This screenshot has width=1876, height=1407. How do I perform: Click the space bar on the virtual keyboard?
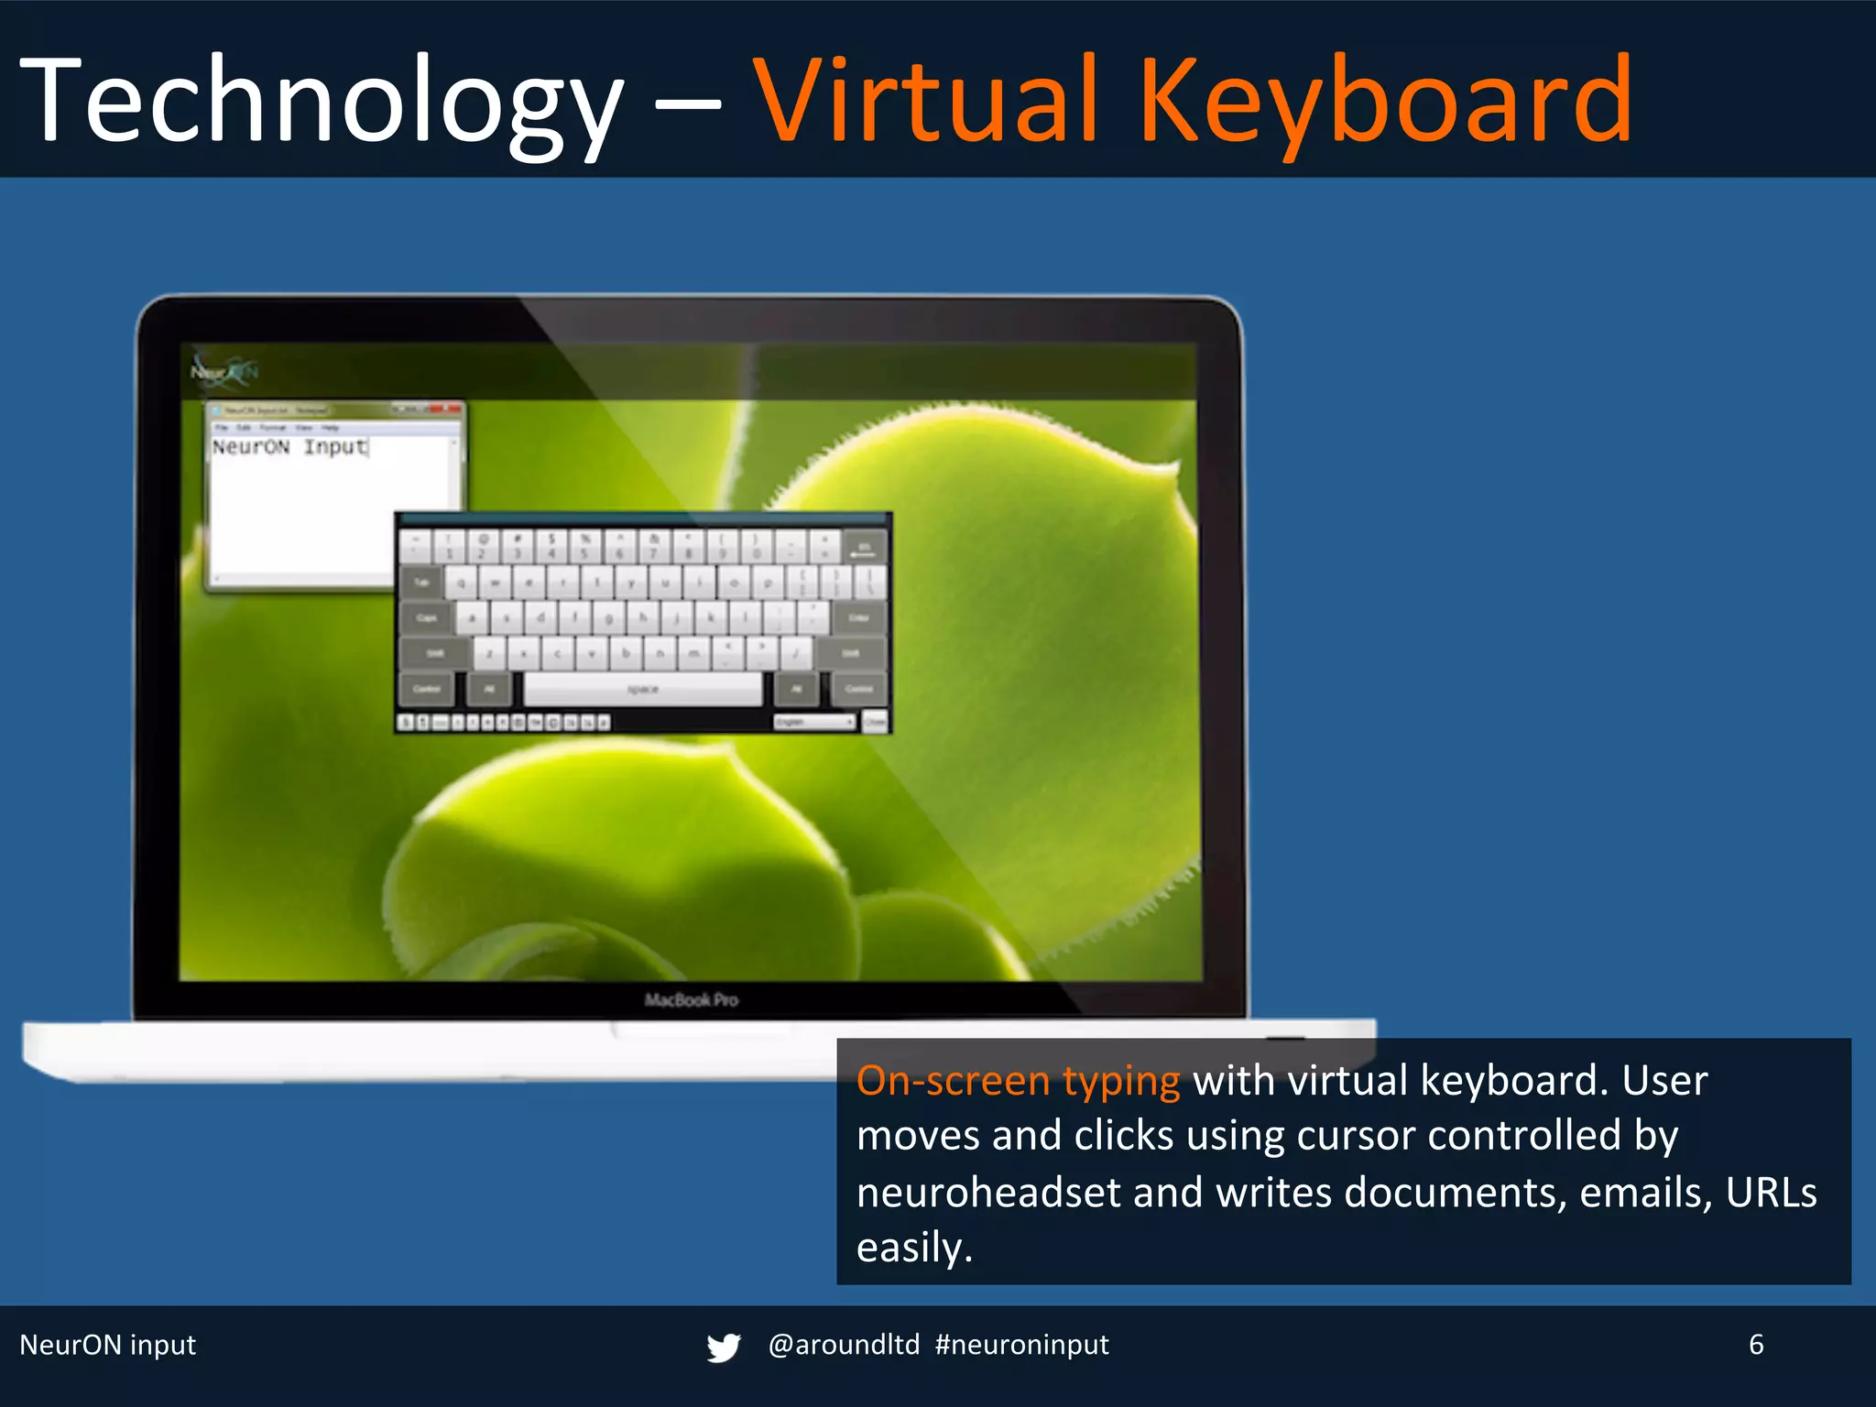642,689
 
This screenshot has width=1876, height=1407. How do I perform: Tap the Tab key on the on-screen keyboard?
422,583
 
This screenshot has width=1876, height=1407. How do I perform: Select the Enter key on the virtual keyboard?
858,618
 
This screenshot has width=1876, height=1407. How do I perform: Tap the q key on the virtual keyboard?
462,583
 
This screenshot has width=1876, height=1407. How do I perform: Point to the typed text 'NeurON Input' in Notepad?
289,447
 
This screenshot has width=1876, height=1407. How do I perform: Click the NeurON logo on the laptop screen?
224,371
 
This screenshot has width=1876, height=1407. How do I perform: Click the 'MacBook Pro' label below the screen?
691,1000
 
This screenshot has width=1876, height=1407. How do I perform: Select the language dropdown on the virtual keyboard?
814,723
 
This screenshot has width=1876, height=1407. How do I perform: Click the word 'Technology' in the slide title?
321,101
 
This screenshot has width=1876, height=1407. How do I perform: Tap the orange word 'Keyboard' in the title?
1385,101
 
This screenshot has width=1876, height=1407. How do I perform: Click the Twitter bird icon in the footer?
723,1347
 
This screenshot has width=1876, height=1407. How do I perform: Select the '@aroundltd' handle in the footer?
844,1345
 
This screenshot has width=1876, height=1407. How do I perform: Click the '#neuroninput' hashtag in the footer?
1021,1345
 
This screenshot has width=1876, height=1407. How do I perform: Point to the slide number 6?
1756,1345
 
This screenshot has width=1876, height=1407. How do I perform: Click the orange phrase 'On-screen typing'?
1018,1081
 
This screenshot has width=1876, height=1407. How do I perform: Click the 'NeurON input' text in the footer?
108,1345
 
